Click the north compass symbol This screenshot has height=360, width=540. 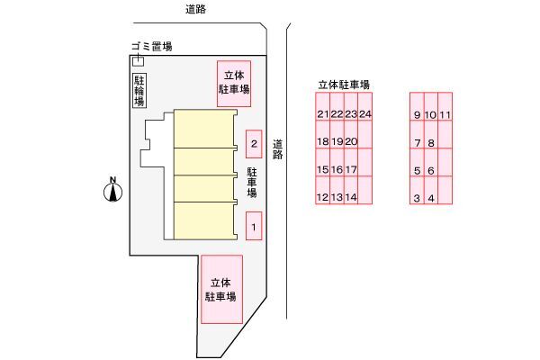pos(113,191)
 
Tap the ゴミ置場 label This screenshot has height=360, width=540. pos(149,48)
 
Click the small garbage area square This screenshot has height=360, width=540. pos(138,61)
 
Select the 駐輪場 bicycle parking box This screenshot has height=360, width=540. pos(139,91)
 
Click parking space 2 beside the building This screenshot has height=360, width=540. pos(255,144)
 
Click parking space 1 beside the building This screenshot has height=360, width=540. pos(255,226)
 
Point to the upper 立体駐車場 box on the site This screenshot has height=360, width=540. pos(233,83)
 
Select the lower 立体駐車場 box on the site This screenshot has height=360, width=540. pos(221,289)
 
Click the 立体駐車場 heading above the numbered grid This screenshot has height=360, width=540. pos(345,85)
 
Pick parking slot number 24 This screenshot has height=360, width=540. pos(364,114)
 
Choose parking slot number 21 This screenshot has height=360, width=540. pos(323,114)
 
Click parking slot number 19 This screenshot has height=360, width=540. pos(337,142)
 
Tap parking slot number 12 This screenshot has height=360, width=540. pos(323,197)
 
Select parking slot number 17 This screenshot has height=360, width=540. pos(351,170)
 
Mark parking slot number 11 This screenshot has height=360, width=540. pos(445,115)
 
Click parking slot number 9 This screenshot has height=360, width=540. pos(418,115)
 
